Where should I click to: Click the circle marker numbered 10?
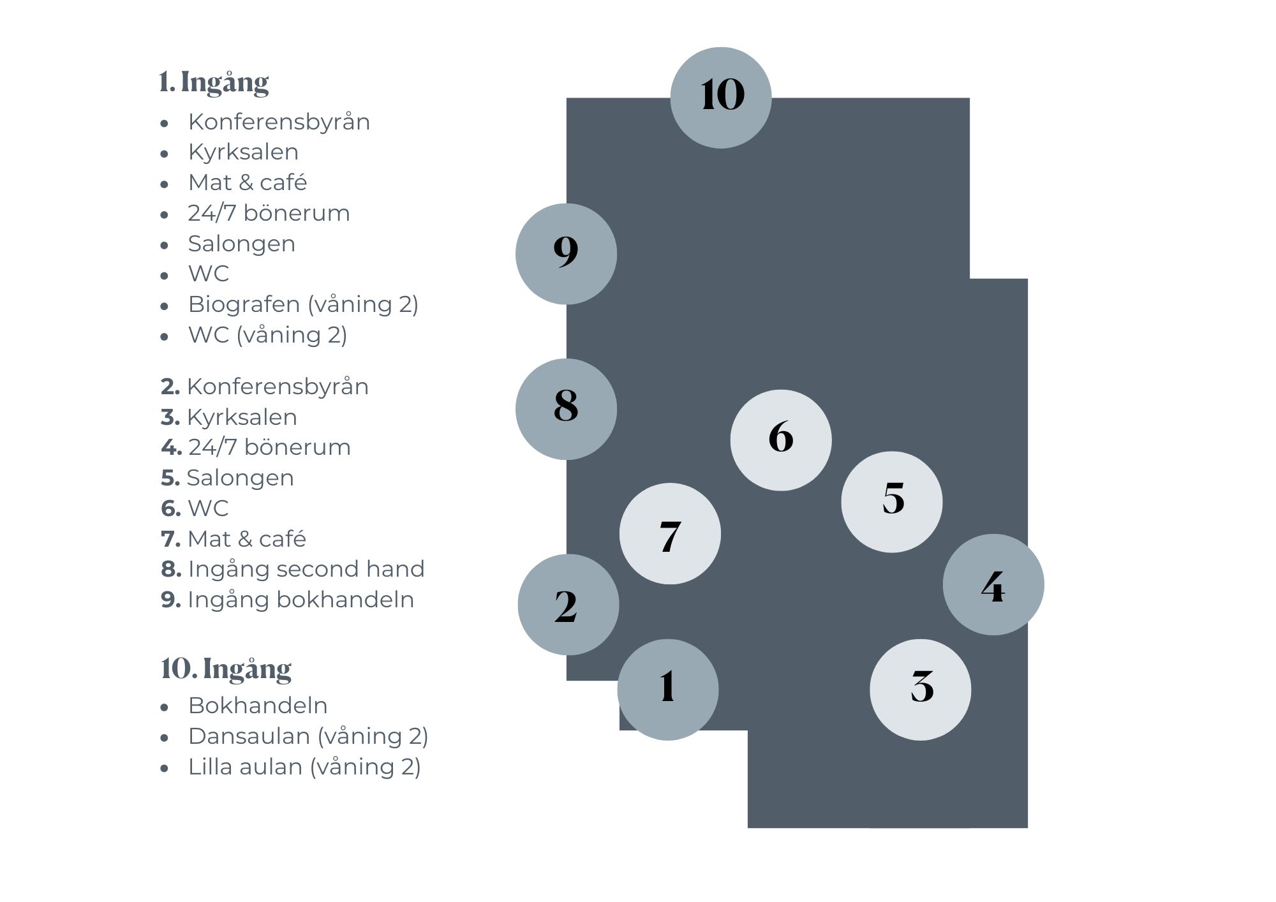(x=721, y=98)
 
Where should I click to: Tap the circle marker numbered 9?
(x=566, y=254)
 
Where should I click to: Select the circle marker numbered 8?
(x=566, y=409)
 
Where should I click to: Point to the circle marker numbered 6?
(x=781, y=440)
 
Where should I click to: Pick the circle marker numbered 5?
(x=892, y=502)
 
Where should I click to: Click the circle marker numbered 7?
(x=670, y=533)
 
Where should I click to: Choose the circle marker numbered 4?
(x=993, y=584)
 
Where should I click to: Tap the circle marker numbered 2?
(x=568, y=605)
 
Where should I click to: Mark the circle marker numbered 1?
(x=668, y=690)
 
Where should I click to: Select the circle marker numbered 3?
(x=921, y=690)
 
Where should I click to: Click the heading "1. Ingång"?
(x=214, y=82)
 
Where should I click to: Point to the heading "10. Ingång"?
(x=226, y=669)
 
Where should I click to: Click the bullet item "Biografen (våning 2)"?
(x=303, y=305)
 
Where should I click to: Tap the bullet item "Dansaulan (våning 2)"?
(x=308, y=737)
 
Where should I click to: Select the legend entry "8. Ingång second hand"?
(x=293, y=569)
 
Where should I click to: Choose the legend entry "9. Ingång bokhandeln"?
(x=288, y=600)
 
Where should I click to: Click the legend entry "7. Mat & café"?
(x=234, y=539)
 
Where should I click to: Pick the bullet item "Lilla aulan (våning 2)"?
(x=304, y=767)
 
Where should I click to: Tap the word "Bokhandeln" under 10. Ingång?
(x=258, y=706)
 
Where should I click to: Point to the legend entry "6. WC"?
(x=195, y=508)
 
